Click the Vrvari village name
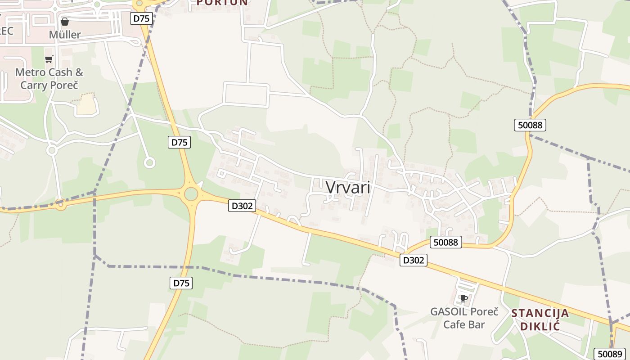click(348, 187)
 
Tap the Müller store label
click(65, 35)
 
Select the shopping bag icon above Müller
click(65, 22)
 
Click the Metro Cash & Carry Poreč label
click(49, 78)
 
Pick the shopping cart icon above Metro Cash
click(49, 59)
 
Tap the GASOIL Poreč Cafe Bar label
click(464, 318)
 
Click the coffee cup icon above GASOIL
click(463, 298)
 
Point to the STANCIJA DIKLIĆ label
click(540, 319)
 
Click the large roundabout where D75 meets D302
click(191, 194)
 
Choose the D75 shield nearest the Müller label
click(142, 18)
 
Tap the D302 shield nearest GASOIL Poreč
click(413, 260)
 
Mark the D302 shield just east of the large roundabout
click(242, 206)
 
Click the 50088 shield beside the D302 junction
click(445, 242)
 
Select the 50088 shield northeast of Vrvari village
click(530, 125)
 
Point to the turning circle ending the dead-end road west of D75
click(149, 162)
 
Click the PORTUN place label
click(222, 2)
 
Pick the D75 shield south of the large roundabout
click(181, 283)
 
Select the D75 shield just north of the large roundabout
click(179, 142)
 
